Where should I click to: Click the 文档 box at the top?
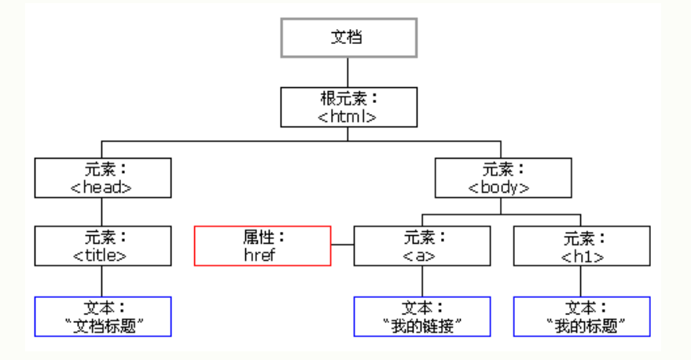347,37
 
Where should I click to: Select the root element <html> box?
347,107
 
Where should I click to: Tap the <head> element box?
102,178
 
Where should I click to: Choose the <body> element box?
500,178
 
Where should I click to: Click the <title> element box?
102,246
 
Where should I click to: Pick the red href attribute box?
263,246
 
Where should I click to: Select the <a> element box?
421,246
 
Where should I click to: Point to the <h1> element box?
582,246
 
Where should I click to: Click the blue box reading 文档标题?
102,316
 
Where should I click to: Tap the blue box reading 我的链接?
421,316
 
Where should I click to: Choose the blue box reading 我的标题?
582,316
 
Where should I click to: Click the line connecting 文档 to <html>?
347,72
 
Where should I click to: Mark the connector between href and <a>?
342,246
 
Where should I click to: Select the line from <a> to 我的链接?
421,281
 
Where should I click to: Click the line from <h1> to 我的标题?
582,281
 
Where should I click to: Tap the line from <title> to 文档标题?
102,281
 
